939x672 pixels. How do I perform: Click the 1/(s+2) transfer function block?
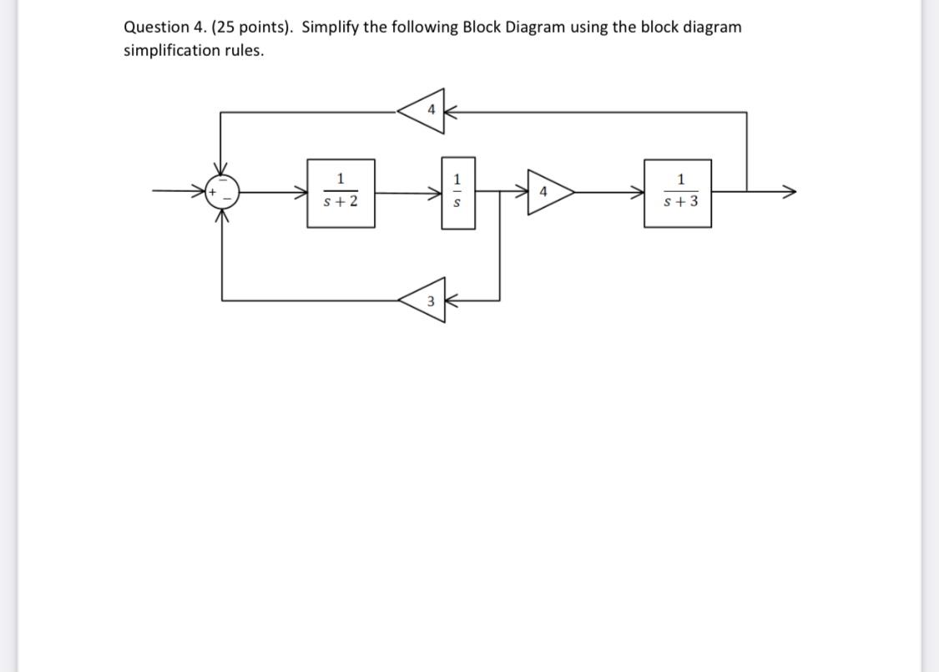point(341,193)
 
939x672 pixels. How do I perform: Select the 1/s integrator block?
point(457,193)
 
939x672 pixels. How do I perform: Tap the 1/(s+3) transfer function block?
point(678,193)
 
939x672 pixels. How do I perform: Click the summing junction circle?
point(221,192)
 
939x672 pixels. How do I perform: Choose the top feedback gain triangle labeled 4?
point(425,110)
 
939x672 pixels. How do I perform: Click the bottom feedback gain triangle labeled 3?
point(426,301)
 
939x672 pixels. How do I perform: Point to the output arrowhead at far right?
point(788,192)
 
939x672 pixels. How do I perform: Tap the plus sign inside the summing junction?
point(213,192)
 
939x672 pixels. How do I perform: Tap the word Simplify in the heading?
point(330,27)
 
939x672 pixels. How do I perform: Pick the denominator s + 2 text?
point(341,201)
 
